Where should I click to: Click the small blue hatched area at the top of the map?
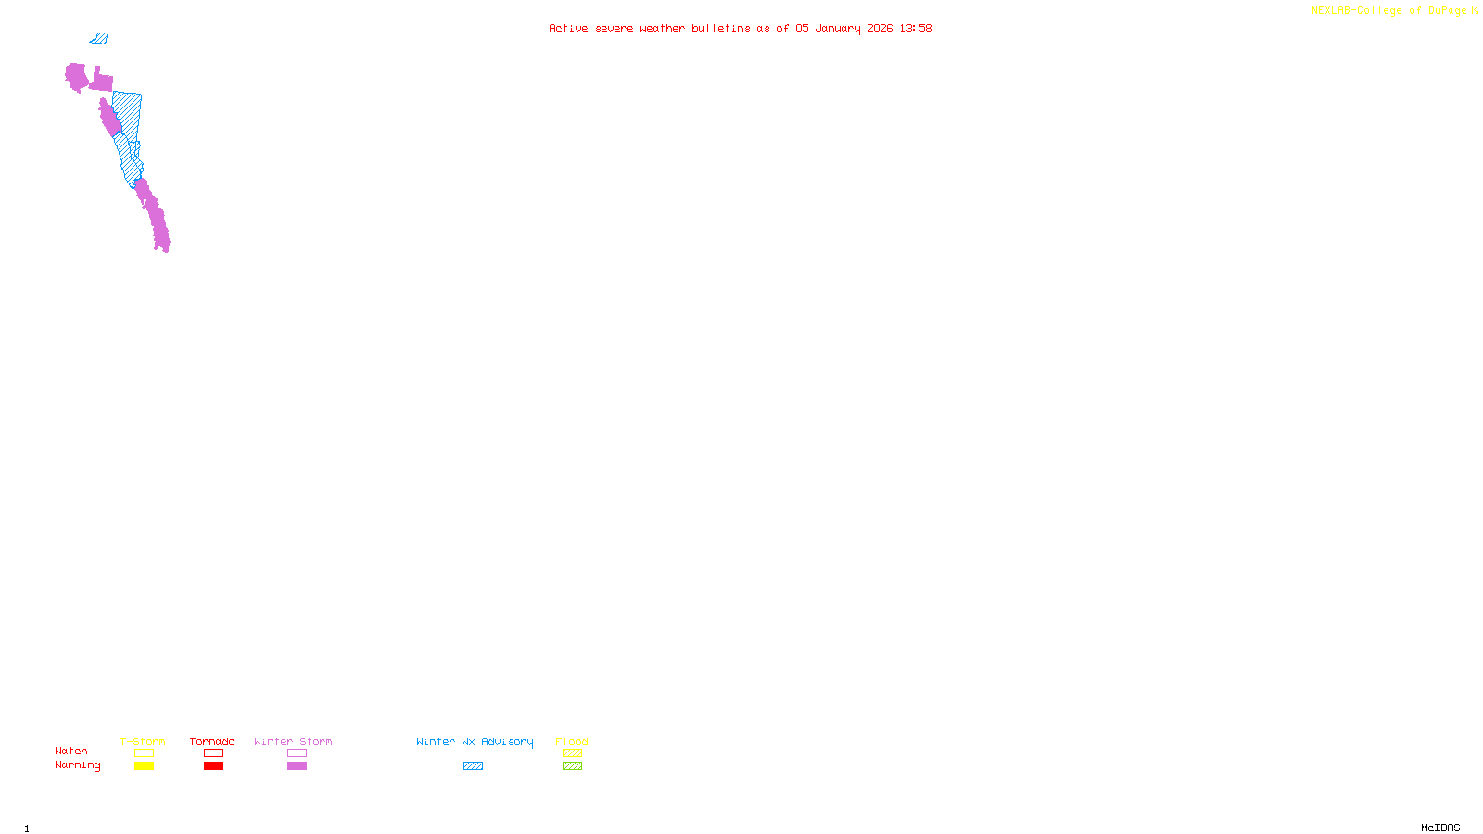[x=99, y=39]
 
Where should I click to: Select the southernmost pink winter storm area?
[x=155, y=218]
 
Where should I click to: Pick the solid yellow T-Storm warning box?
[x=144, y=765]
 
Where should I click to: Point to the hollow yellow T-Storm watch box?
[x=144, y=752]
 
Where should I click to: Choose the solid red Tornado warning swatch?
[x=213, y=765]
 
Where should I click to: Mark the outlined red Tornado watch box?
[x=213, y=752]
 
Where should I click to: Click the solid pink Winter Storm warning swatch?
[x=297, y=765]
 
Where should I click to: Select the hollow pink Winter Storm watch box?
[x=297, y=752]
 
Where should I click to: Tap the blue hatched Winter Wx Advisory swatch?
[x=473, y=765]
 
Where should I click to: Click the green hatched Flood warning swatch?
[x=572, y=765]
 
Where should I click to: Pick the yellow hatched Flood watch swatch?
[x=572, y=752]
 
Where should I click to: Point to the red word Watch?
[x=71, y=751]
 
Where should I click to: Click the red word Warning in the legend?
[x=77, y=765]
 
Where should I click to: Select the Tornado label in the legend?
[x=212, y=741]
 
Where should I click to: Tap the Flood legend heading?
[x=572, y=741]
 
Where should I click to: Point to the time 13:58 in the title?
[x=915, y=28]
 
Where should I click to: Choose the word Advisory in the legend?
[x=507, y=741]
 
